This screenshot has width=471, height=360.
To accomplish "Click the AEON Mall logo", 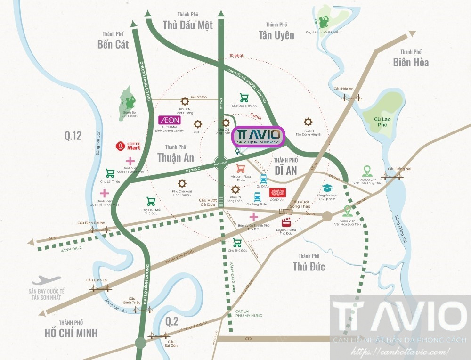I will click(169, 120).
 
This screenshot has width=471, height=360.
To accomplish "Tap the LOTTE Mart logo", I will click(128, 146).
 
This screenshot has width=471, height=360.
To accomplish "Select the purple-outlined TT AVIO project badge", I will click(259, 136).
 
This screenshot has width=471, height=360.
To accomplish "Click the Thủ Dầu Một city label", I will click(187, 25).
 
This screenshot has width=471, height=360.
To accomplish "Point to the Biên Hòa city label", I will click(411, 62).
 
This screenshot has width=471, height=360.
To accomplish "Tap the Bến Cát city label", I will click(113, 44).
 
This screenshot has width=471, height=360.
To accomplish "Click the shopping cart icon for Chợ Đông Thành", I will click(244, 98).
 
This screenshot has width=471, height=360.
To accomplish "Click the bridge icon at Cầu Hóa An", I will click(350, 98).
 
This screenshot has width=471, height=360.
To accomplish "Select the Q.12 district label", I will click(73, 136).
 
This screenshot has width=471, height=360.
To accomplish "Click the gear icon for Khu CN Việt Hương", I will click(185, 101).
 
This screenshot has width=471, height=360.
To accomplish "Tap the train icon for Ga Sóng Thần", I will click(257, 196).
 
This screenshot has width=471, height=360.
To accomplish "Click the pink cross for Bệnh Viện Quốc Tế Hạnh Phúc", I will click(104, 193).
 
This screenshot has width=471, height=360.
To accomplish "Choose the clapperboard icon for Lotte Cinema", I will click(286, 223).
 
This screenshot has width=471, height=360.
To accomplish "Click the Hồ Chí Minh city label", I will click(71, 332).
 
